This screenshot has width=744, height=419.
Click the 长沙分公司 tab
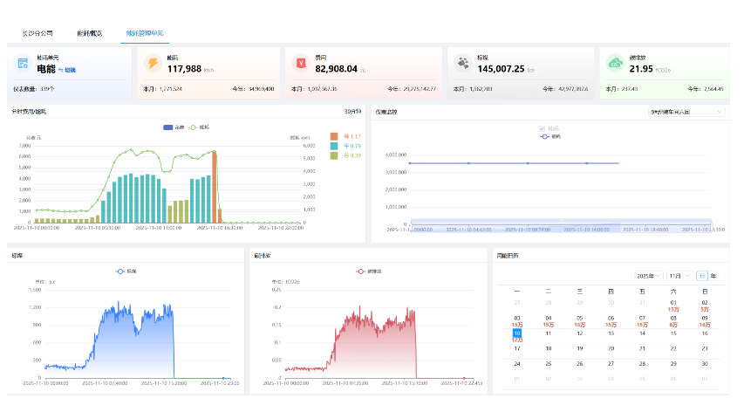[x=38, y=33]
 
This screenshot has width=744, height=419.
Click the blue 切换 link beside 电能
[x=71, y=70]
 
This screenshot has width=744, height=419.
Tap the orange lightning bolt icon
[x=153, y=63]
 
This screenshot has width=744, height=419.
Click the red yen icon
[x=301, y=63]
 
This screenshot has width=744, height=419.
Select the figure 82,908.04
[x=336, y=69]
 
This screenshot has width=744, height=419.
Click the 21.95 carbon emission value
[x=641, y=69]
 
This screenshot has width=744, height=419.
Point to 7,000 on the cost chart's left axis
[x=24, y=146]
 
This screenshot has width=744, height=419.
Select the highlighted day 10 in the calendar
[x=517, y=334]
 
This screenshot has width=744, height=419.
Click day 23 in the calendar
[x=704, y=348]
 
